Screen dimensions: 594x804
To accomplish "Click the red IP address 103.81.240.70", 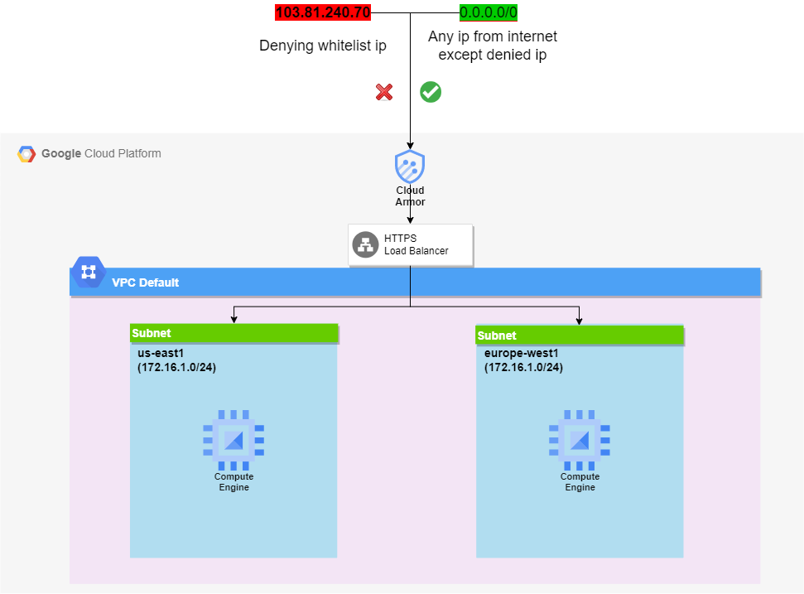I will tap(322, 12).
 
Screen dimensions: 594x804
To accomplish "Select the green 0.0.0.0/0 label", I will tap(489, 12).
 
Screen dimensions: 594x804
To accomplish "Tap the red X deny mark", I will tap(384, 92).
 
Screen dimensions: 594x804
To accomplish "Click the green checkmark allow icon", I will tap(431, 92).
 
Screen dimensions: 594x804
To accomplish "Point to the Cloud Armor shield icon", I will tap(410, 167).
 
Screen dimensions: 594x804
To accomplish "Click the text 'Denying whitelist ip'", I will tap(323, 46).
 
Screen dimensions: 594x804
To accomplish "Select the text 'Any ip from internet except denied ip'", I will tap(493, 46).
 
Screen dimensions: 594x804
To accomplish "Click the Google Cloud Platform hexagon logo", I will tap(27, 154).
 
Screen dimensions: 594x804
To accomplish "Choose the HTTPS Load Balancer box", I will tap(411, 244).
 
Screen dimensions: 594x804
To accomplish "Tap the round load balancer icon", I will tap(365, 244).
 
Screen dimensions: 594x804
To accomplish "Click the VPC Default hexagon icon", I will tap(88, 272).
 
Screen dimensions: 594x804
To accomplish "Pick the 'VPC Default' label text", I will tap(146, 283).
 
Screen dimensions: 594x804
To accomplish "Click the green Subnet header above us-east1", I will tap(234, 333).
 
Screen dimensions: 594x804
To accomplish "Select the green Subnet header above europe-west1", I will tap(580, 336).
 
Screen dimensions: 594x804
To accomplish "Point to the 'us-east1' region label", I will tap(161, 352).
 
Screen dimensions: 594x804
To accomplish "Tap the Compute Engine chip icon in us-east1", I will tap(233, 439).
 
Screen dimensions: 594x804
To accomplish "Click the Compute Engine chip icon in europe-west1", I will tap(580, 439).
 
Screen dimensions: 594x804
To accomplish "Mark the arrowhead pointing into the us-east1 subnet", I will tap(234, 319).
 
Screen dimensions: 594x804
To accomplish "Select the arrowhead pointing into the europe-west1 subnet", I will tap(580, 321).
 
